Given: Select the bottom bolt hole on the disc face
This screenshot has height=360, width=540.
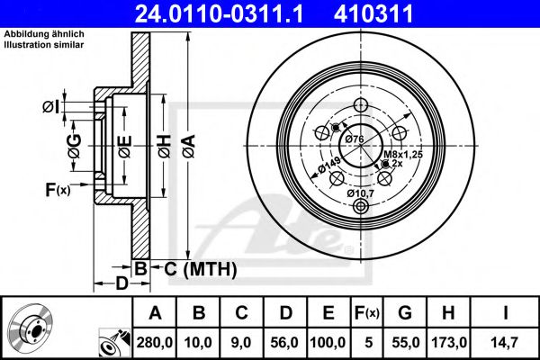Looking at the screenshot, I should point(362,208).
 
